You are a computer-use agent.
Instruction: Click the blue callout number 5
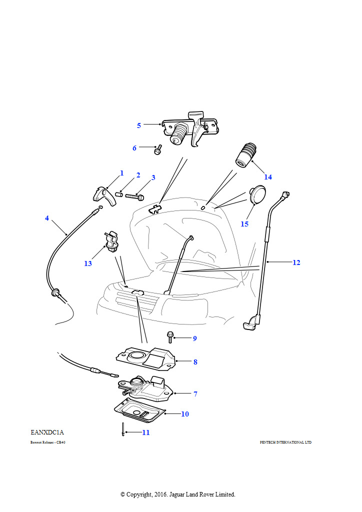[x=139, y=125]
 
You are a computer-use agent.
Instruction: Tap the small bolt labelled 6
[x=158, y=149]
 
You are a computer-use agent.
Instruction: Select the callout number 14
[x=268, y=177]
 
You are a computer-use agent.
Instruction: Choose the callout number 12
[x=296, y=262]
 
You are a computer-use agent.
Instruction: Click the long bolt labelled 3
[x=134, y=197]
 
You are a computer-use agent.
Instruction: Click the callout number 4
[x=47, y=218]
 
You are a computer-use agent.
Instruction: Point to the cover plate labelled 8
[x=145, y=356]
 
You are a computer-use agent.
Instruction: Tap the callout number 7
[x=195, y=394]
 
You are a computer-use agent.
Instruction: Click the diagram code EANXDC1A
[x=47, y=431]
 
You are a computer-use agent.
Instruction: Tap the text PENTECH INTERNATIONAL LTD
[x=285, y=442]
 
